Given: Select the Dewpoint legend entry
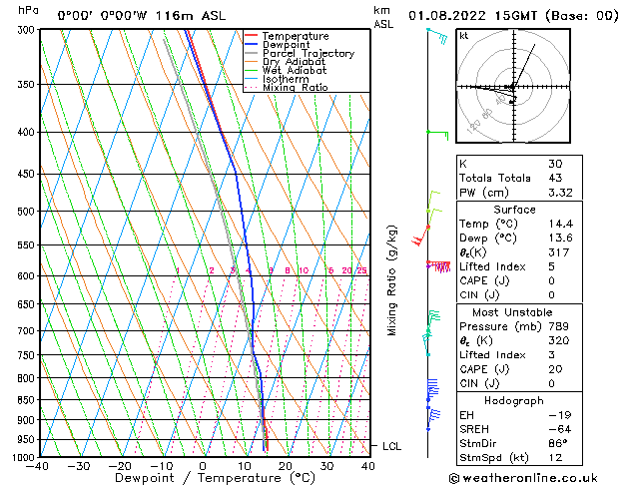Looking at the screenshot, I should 287,45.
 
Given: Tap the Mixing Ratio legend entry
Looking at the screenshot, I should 295,88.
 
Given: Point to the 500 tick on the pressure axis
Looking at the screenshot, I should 25,212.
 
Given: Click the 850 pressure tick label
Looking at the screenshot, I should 25,399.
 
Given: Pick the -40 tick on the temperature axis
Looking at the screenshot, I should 38,466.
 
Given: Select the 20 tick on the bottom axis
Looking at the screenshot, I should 285,466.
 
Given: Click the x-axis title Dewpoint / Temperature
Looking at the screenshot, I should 201,478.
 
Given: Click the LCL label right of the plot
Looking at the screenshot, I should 391,446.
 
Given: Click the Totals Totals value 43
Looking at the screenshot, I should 555,178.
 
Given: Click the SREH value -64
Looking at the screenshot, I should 559,429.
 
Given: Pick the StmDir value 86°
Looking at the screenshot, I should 559,443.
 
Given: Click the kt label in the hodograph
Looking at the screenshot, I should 464,35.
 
